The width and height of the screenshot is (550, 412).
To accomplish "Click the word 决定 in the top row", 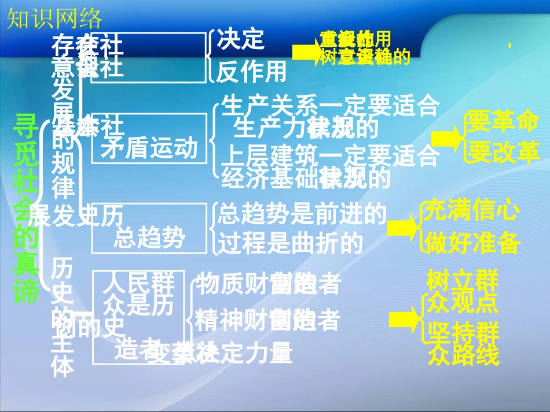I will click(240, 39).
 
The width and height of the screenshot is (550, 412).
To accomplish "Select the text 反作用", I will click(251, 72).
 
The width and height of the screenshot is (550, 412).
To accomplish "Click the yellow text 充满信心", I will click(471, 211).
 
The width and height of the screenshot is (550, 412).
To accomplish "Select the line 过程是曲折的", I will click(290, 244).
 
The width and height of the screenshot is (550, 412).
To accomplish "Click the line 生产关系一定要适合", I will click(331, 106).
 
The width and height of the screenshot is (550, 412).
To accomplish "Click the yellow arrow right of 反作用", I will click(305, 53).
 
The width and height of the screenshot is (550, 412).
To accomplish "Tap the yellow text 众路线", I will click(463, 355).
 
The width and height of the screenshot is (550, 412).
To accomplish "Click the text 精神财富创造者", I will click(267, 320).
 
